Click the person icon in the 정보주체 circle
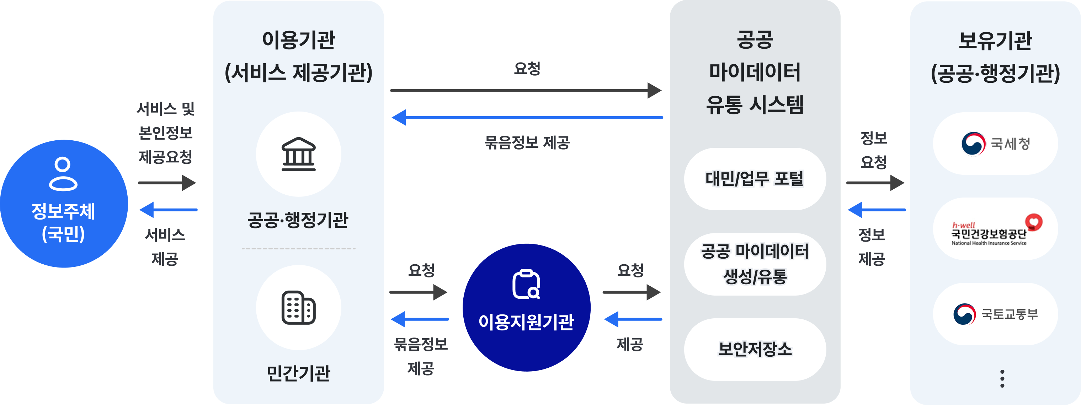click(x=63, y=174)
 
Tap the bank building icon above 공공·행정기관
click(x=298, y=154)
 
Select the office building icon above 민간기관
click(x=298, y=307)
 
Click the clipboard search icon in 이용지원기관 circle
click(x=526, y=285)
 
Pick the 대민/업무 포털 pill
click(x=755, y=179)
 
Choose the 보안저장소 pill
click(x=755, y=349)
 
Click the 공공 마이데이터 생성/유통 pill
click(x=755, y=264)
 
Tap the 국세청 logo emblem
click(x=973, y=144)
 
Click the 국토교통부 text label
click(x=1010, y=314)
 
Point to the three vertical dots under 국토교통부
click(x=1002, y=379)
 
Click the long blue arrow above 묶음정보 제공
click(x=527, y=117)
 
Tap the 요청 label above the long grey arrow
click(x=527, y=68)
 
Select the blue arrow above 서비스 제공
click(x=168, y=210)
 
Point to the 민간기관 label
click(x=298, y=373)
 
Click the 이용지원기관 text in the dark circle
click(x=526, y=322)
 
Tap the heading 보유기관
click(x=995, y=40)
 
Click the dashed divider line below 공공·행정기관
click(x=298, y=249)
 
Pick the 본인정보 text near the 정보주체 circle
click(x=165, y=133)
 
